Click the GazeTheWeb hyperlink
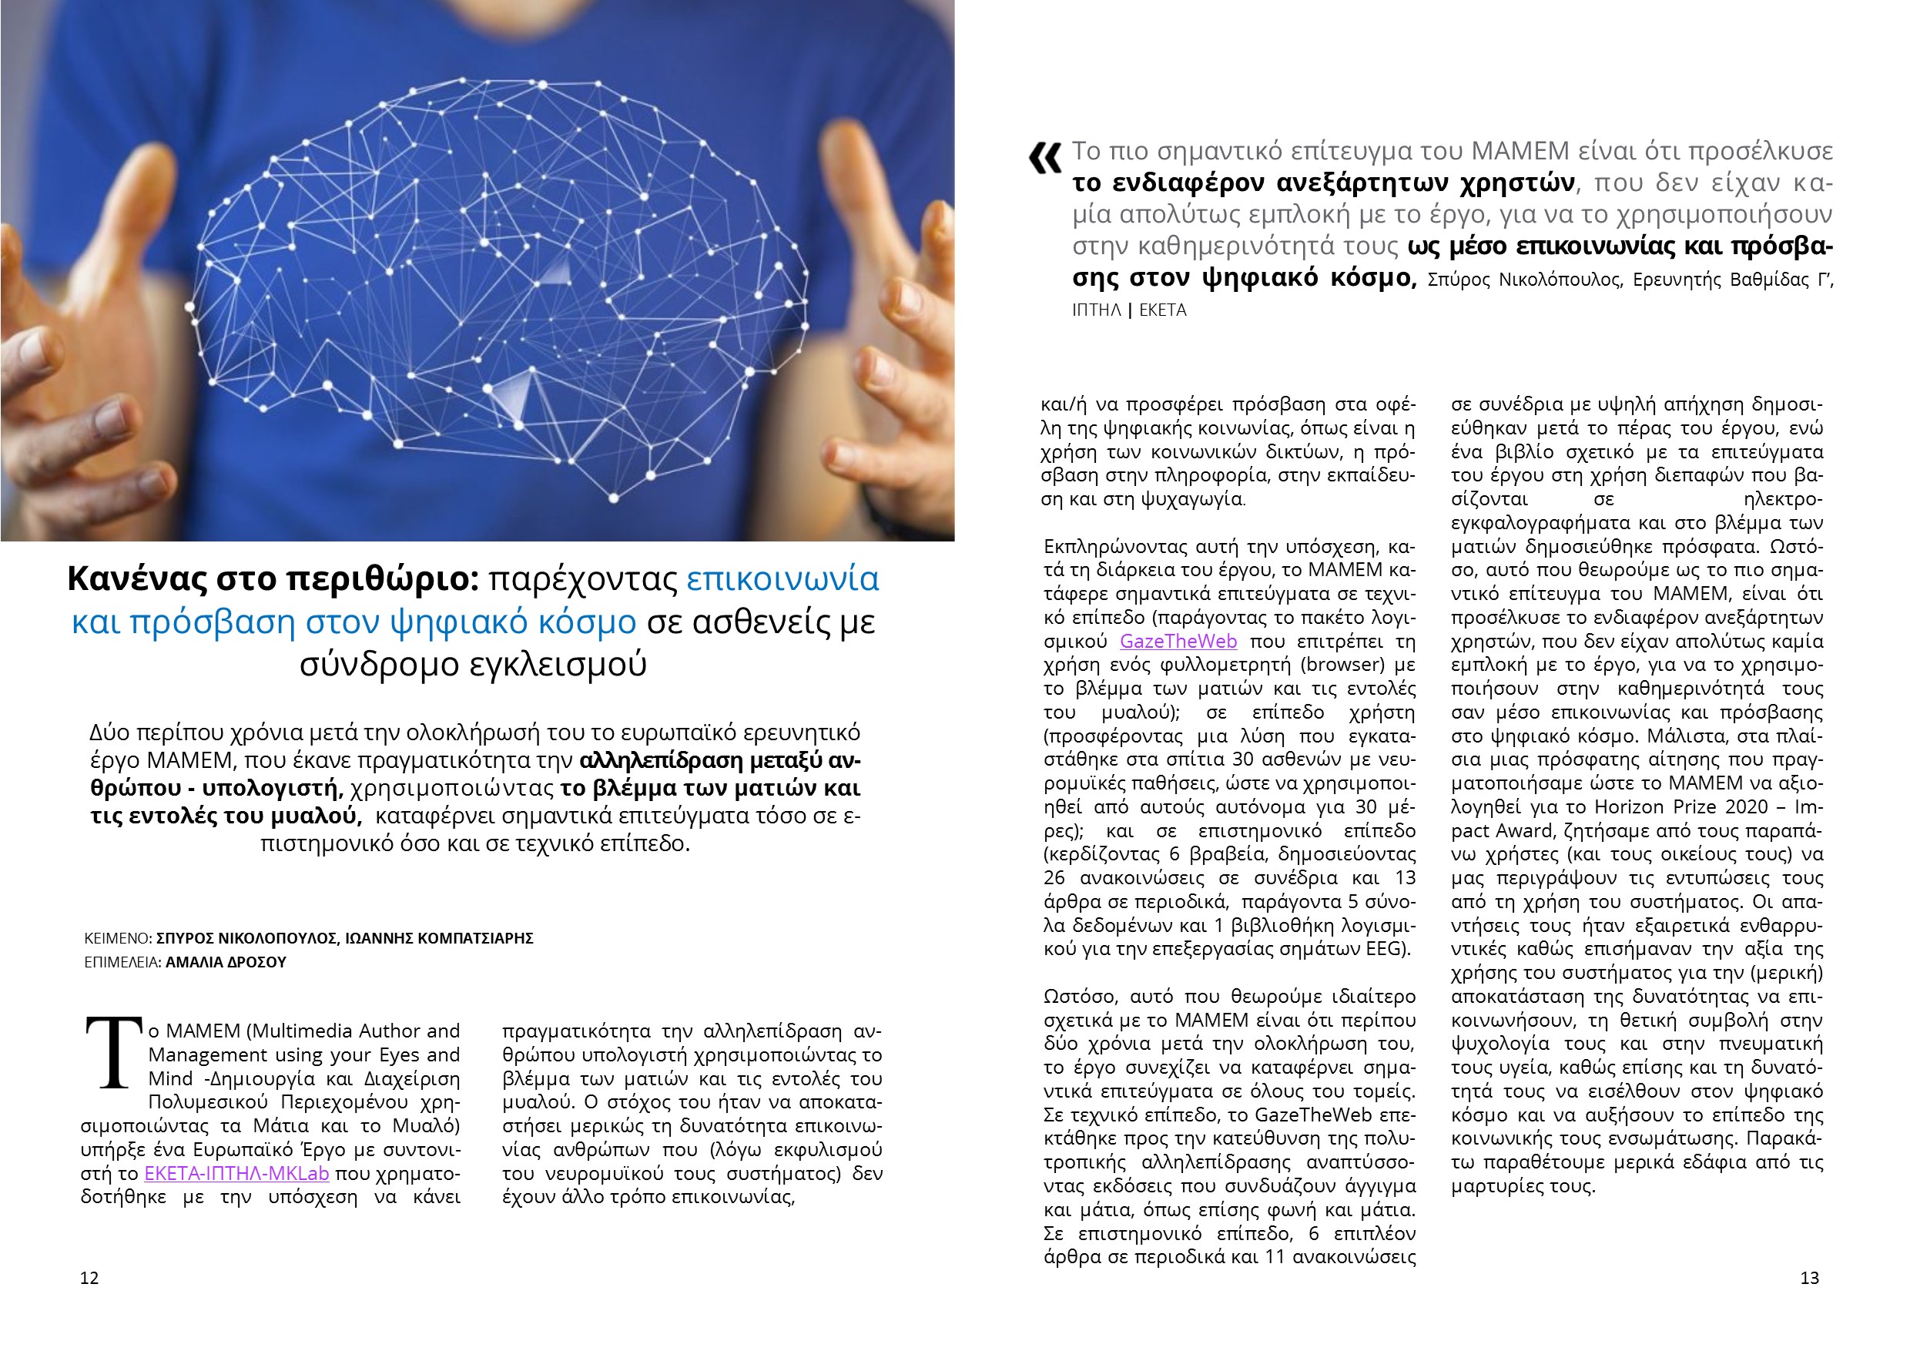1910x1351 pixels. pyautogui.click(x=1178, y=642)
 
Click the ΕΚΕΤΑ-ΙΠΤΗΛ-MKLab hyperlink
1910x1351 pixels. pyautogui.click(x=236, y=1174)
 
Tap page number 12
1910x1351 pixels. pyautogui.click(x=89, y=1278)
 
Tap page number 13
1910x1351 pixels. pyautogui.click(x=1809, y=1278)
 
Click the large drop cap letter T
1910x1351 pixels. pyautogui.click(x=114, y=1053)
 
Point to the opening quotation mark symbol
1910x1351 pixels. pyautogui.click(x=1045, y=158)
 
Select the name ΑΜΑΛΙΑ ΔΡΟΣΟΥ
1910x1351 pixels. pyautogui.click(x=226, y=963)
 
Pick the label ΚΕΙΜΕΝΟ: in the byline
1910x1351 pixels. pyautogui.click(x=118, y=938)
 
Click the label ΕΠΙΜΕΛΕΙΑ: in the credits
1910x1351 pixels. pyautogui.click(x=122, y=963)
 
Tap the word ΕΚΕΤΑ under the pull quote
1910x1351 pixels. pyautogui.click(x=1162, y=310)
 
